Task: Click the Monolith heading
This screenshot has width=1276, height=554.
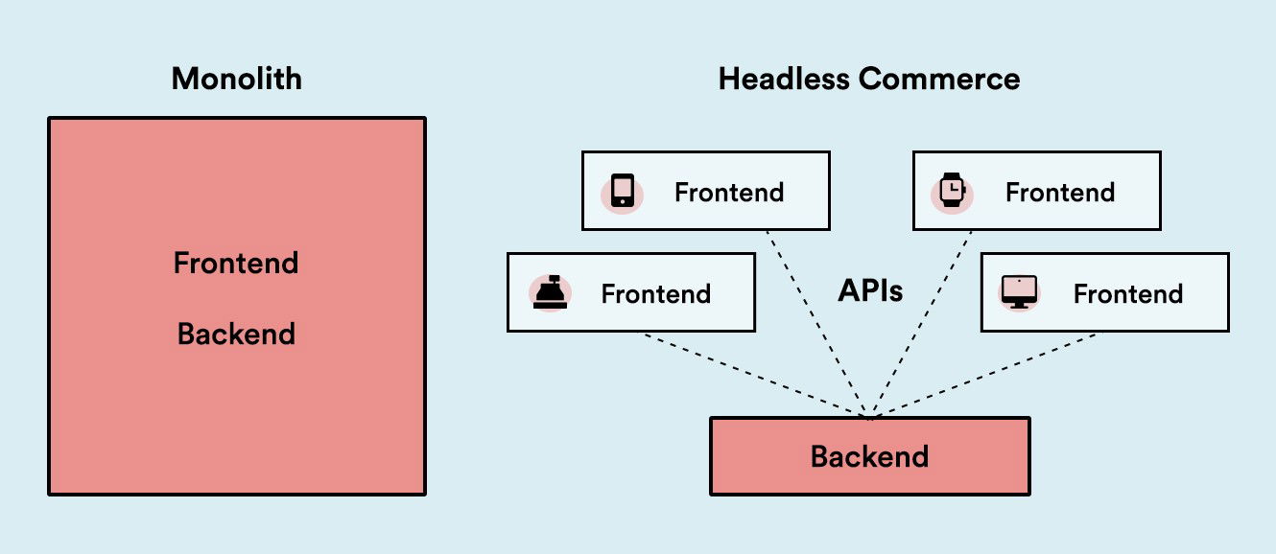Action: point(236,79)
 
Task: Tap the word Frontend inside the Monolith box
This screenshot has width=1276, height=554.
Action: point(236,263)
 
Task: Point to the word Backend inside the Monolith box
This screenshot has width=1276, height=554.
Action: point(236,335)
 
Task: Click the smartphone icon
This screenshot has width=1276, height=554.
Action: point(622,191)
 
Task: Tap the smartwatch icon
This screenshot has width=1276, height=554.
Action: point(952,191)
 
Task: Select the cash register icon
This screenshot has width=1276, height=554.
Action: point(550,292)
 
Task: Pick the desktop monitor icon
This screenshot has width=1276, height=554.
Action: point(1019,291)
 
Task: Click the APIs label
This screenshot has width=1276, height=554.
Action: point(870,290)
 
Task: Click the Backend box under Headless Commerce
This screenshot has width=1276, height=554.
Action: point(869,456)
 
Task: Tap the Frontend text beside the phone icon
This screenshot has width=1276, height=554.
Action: point(729,192)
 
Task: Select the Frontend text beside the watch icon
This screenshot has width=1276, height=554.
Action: point(1059,192)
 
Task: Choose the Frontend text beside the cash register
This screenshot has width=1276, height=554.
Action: point(655,293)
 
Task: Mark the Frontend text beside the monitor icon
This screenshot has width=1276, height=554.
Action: point(1127,293)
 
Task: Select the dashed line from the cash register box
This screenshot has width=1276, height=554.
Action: point(758,375)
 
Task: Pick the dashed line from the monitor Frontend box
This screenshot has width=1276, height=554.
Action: point(983,375)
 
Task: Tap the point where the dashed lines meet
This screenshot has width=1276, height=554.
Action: point(869,417)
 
